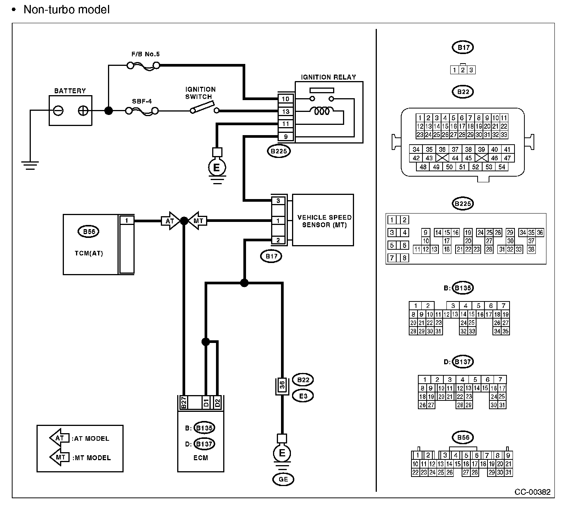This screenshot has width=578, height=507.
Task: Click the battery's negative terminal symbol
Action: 58,110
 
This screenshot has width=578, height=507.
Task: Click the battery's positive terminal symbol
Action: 83,110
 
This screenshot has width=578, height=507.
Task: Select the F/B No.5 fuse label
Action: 146,54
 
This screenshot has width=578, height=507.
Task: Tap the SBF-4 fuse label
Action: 142,101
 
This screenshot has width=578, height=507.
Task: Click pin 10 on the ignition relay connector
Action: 286,99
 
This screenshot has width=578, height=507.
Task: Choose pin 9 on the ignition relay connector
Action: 286,137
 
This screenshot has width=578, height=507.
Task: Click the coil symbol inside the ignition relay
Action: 322,111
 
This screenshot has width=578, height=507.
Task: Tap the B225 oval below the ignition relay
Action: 279,151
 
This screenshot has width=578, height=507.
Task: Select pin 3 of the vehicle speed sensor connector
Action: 278,201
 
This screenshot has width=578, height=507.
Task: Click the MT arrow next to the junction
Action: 198,220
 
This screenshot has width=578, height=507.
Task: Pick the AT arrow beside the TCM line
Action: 171,220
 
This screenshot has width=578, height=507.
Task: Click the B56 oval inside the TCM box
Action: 89,231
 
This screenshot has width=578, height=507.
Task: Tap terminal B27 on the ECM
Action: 183,402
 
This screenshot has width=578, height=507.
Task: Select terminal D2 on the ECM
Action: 218,402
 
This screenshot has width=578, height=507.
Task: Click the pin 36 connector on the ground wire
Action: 282,386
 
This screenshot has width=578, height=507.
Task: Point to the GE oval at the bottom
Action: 283,479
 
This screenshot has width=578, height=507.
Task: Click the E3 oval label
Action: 303,396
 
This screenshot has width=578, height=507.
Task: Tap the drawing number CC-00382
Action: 532,492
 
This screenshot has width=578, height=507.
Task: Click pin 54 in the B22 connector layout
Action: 502,167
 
